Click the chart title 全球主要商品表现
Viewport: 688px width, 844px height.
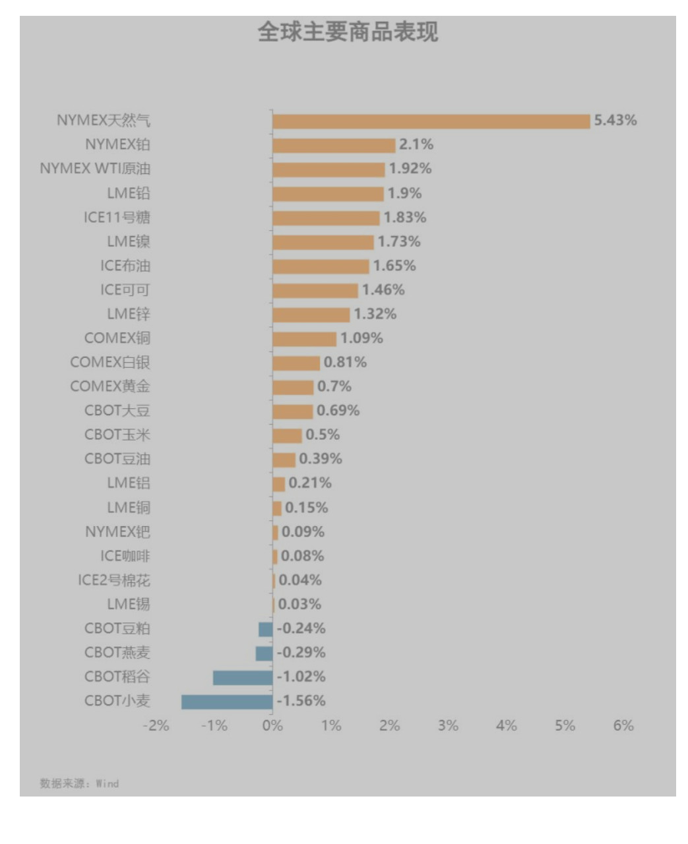point(348,32)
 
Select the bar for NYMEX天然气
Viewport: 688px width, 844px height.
point(431,121)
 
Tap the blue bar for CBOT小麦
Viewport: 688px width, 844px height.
point(227,702)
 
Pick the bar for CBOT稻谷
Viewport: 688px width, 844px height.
point(242,677)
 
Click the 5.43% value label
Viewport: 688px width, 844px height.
point(615,120)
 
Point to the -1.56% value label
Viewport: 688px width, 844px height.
point(301,701)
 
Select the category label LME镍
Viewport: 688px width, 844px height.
point(129,241)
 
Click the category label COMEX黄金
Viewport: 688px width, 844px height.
point(110,386)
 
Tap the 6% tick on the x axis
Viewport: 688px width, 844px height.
point(623,726)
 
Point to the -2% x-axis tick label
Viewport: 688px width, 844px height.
point(156,726)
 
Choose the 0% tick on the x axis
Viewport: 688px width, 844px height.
point(272,726)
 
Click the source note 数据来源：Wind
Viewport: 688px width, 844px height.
point(79,783)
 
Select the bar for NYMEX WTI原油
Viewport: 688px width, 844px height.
point(328,169)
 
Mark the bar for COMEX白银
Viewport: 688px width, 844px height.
point(296,363)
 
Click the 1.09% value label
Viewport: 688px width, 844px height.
point(361,338)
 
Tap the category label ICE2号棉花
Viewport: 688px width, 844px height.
point(114,580)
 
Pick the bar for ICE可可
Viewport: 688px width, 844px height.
point(315,291)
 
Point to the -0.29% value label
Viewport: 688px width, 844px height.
point(301,653)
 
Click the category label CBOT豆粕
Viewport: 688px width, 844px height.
point(117,628)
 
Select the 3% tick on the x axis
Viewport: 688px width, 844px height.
point(448,726)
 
